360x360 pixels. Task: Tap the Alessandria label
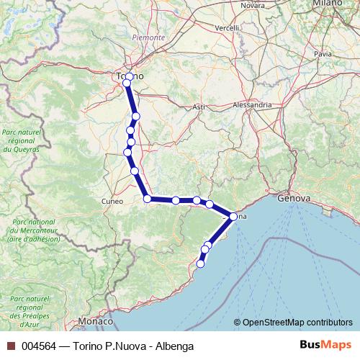click(x=252, y=104)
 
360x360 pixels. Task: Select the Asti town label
click(x=199, y=107)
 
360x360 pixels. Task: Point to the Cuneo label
click(x=112, y=201)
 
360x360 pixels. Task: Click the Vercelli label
click(x=226, y=28)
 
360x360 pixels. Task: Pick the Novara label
click(x=253, y=5)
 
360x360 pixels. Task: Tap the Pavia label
click(x=323, y=53)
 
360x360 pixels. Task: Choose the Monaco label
click(x=96, y=320)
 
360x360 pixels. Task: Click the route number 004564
click(x=39, y=346)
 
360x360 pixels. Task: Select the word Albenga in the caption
click(x=175, y=346)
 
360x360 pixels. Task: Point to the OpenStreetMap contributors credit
click(x=293, y=323)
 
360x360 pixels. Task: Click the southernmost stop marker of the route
click(x=200, y=264)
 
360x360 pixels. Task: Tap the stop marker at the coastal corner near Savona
click(x=233, y=216)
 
